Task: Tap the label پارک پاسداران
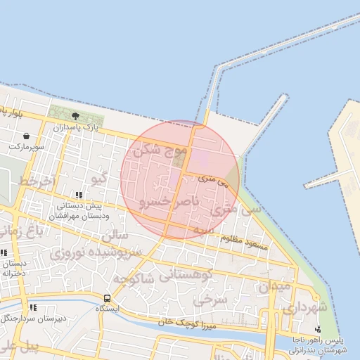point(74,128)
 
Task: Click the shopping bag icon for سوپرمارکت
point(27,136)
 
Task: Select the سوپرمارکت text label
point(27,147)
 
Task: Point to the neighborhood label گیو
point(100,179)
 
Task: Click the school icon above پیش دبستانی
point(78,195)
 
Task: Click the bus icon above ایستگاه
point(107,298)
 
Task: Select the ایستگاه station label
point(108,309)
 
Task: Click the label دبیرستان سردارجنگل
point(62,318)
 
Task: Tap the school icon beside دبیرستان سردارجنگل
point(32,307)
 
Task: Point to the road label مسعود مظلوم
point(245,242)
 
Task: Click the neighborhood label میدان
point(274,287)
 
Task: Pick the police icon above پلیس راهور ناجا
point(318,329)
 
